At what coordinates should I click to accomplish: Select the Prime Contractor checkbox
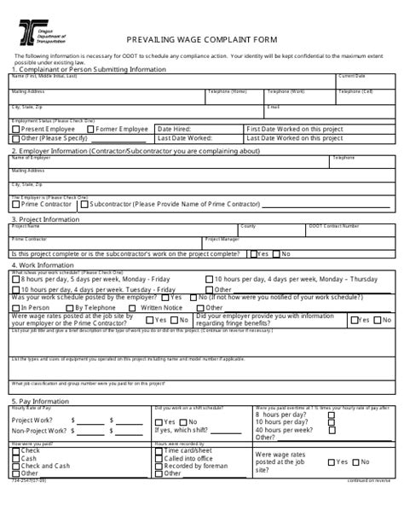tap(15, 205)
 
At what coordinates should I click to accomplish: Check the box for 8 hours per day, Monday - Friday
tap(16, 279)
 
